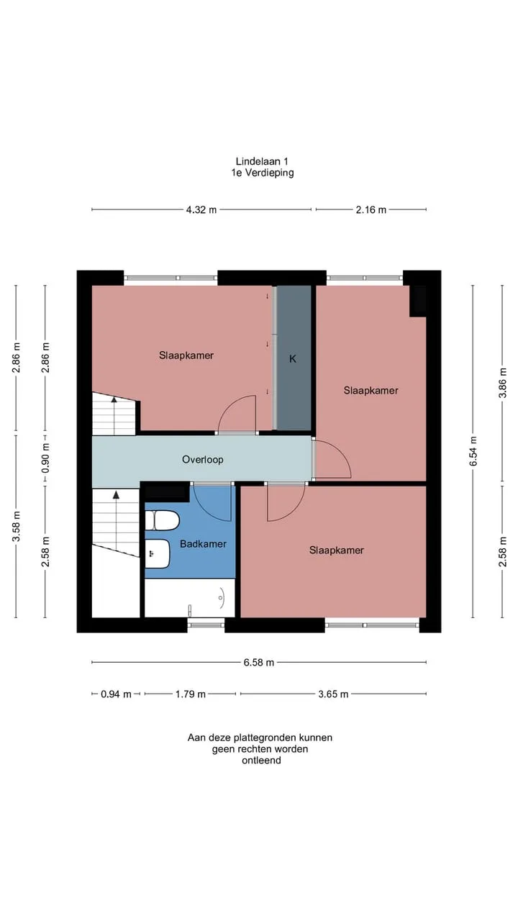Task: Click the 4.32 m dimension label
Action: pos(201,209)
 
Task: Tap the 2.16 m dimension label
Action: pos(371,209)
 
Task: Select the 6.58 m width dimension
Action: pos(258,663)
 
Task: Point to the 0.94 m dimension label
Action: pos(116,694)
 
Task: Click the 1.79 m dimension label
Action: pos(191,694)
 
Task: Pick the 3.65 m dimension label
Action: pos(333,694)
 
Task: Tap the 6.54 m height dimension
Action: pos(473,451)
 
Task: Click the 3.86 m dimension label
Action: pos(502,383)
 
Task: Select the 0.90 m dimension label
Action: pos(45,458)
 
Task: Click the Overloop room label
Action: pos(203,460)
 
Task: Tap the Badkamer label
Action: pos(203,544)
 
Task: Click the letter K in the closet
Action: pos(293,359)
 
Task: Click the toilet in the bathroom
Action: pos(162,520)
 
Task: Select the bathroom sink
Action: pos(158,554)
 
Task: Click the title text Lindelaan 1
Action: pos(262,162)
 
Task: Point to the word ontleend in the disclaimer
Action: pos(261,761)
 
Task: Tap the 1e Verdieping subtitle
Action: pos(263,173)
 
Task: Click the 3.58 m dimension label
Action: pos(17,526)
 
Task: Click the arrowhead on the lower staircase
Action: pos(117,494)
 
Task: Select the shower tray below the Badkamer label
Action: pos(190,598)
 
